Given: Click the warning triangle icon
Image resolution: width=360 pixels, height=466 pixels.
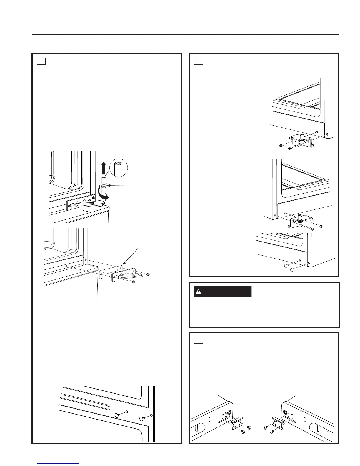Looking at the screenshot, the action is tap(199, 292).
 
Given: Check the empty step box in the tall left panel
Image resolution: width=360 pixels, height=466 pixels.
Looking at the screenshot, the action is tap(41, 61).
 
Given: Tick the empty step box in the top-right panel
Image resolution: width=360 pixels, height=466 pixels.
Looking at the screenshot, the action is tap(199, 61).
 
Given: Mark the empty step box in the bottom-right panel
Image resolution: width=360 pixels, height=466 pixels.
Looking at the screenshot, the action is tap(199, 340).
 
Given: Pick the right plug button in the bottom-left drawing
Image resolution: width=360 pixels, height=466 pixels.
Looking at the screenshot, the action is tap(143, 418).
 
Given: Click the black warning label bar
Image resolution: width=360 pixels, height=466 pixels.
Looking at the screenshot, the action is tap(222, 292).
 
